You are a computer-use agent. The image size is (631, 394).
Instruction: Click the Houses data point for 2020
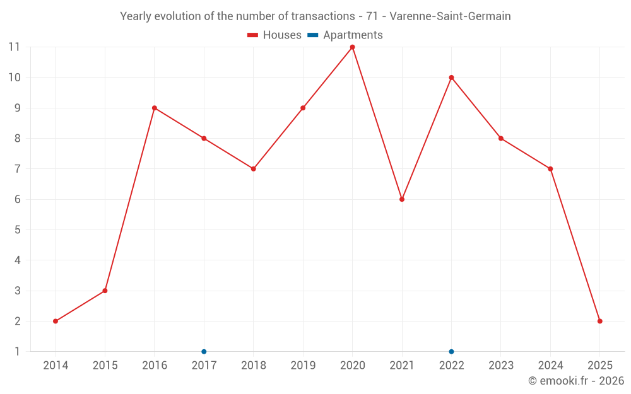(352, 47)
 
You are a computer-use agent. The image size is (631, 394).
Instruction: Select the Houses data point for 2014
(56, 321)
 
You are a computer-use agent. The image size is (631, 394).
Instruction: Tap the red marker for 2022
(451, 78)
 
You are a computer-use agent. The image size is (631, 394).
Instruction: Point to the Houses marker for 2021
(402, 199)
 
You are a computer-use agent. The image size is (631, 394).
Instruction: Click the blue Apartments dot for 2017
(204, 351)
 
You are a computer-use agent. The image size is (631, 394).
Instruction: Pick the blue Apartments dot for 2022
(451, 351)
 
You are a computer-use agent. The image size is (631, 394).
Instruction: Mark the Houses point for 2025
(599, 321)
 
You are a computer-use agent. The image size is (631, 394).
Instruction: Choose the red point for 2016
(155, 108)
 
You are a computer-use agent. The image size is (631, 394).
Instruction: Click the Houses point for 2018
(253, 169)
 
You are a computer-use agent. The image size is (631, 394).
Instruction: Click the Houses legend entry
(274, 35)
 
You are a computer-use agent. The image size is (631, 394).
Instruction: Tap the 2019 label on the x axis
(303, 366)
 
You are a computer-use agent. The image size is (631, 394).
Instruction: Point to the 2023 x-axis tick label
(501, 366)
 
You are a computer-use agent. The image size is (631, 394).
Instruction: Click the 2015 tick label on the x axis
(105, 366)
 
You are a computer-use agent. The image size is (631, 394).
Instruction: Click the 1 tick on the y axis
(18, 351)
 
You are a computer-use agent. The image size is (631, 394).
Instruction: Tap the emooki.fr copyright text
(575, 381)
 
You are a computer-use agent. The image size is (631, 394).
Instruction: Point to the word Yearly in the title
(136, 16)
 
